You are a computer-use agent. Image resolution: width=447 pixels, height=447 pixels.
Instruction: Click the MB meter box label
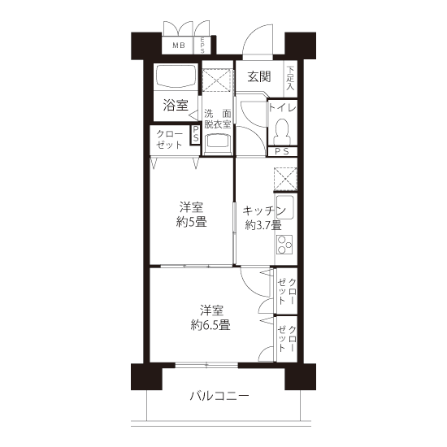click(x=179, y=45)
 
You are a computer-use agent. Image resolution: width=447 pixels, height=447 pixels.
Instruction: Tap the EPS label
click(x=202, y=45)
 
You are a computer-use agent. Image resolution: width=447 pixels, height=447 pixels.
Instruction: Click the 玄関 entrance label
click(x=258, y=76)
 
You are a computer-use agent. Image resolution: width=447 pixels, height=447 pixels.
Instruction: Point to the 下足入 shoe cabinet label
click(x=290, y=78)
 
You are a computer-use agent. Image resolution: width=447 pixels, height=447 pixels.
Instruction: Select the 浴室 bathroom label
click(x=176, y=105)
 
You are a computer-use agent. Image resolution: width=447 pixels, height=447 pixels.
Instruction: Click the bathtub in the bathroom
click(x=176, y=76)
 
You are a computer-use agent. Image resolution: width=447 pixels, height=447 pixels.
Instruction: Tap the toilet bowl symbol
click(x=282, y=132)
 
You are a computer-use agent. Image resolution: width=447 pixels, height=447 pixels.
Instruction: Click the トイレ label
click(x=282, y=108)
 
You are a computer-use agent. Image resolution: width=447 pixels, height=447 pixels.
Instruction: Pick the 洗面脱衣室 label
click(x=218, y=119)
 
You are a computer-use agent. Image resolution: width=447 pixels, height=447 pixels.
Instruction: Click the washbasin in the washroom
click(x=218, y=143)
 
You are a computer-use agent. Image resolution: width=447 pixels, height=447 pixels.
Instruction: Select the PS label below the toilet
click(x=282, y=151)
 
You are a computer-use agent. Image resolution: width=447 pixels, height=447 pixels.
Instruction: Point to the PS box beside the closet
click(x=196, y=135)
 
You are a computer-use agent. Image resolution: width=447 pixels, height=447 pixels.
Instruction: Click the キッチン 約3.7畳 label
click(x=263, y=218)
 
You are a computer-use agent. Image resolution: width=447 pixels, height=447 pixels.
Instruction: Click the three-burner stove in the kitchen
click(x=285, y=245)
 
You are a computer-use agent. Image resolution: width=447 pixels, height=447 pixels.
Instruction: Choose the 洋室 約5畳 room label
click(x=192, y=215)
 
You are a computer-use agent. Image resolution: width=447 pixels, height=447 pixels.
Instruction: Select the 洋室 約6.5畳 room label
click(x=211, y=317)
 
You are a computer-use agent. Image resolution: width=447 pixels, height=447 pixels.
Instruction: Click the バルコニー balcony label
click(x=219, y=396)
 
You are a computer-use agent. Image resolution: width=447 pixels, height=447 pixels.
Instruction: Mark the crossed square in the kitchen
click(x=285, y=179)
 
